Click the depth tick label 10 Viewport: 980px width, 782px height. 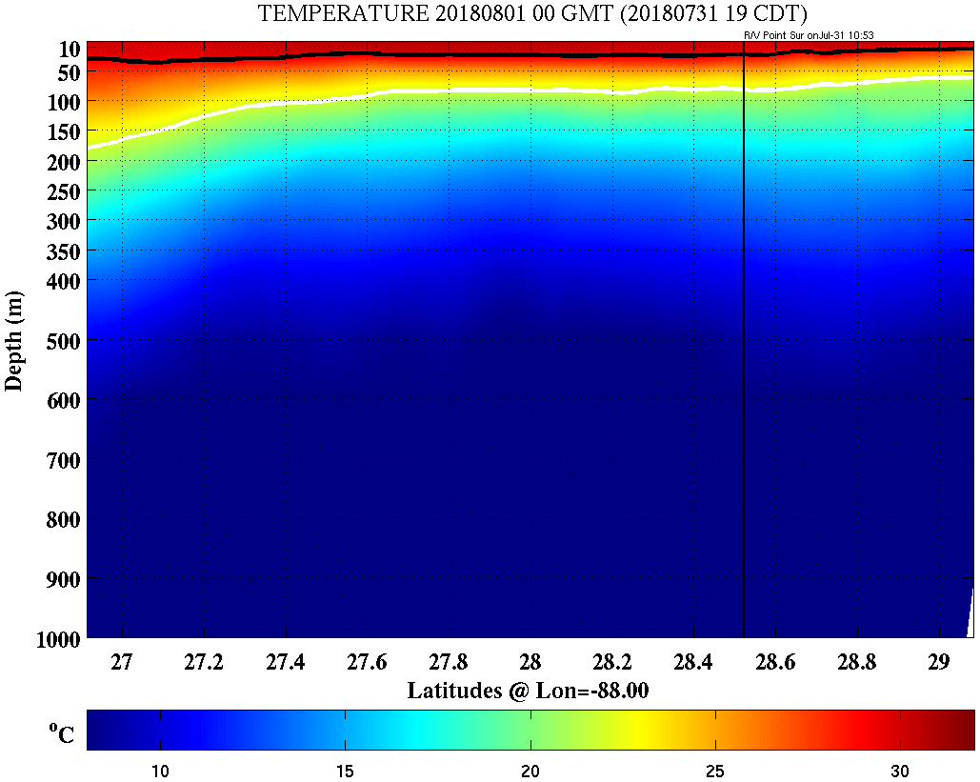[x=68, y=49]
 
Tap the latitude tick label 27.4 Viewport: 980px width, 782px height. [x=285, y=662]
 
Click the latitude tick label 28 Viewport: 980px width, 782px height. [x=530, y=662]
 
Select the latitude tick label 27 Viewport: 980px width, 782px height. [x=122, y=662]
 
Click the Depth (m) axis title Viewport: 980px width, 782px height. [x=14, y=340]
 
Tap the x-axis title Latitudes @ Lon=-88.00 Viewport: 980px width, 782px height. [x=528, y=691]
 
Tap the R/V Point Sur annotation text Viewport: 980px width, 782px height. [x=809, y=35]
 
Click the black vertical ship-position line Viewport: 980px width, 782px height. [x=743, y=381]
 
